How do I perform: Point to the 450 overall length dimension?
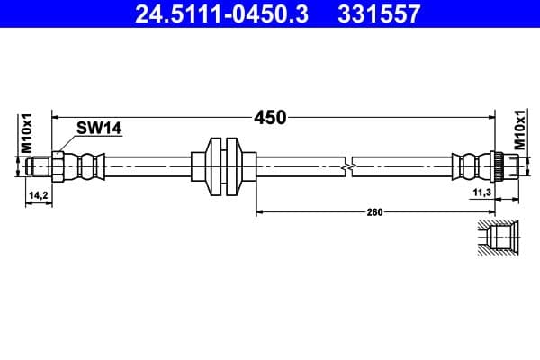[x=269, y=117]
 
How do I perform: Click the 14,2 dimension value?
[x=38, y=194]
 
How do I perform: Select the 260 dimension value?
[x=375, y=212]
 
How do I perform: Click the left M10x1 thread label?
[x=27, y=131]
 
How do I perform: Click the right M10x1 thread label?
[x=520, y=130]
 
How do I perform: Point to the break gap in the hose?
[x=349, y=166]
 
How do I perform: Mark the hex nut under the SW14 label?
[x=58, y=166]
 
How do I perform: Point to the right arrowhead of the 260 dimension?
[x=492, y=212]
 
